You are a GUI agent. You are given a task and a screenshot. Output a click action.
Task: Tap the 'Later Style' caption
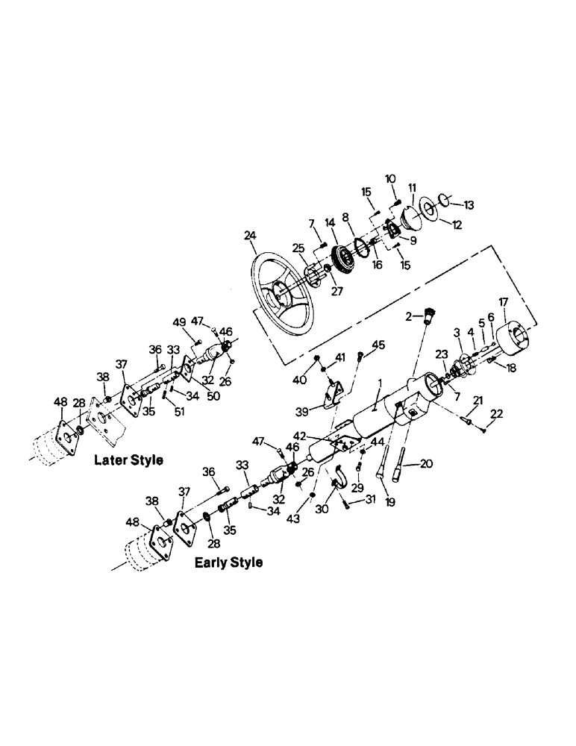[x=128, y=460]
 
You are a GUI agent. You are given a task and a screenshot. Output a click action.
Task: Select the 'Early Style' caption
[x=228, y=562]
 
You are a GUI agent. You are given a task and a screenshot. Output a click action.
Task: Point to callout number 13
[x=469, y=204]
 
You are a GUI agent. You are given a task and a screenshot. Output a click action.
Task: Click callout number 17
[x=504, y=301]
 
